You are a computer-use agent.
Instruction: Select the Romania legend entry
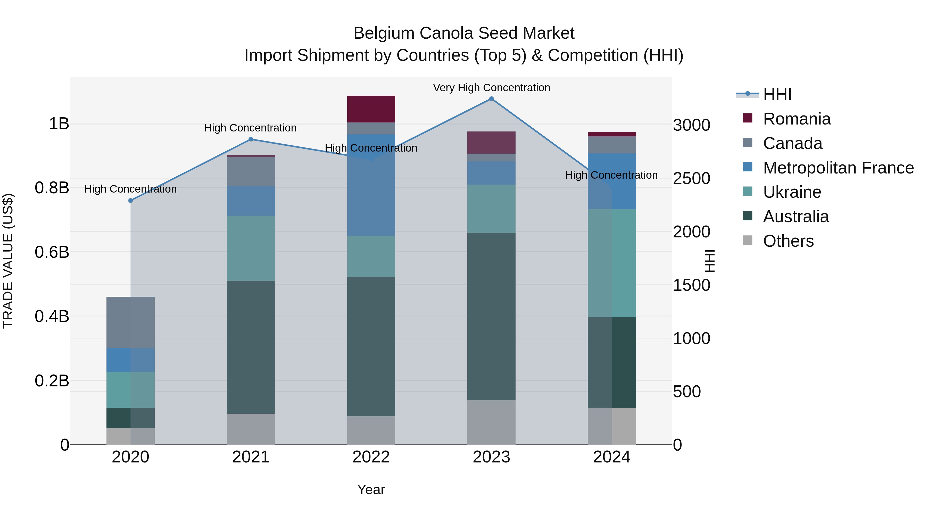pos(797,119)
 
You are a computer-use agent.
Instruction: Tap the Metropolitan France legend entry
pos(838,168)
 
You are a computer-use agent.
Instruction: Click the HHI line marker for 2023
pos(491,99)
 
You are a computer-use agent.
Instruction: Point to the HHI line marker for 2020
pos(130,201)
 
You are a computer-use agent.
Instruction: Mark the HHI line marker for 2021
pos(251,139)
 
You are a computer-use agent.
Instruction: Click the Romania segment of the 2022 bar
pos(371,109)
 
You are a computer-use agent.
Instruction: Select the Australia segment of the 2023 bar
pos(491,316)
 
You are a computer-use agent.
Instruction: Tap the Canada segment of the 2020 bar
pos(130,322)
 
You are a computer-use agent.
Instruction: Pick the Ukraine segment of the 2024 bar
pos(612,263)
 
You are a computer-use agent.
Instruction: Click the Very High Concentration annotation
pos(491,88)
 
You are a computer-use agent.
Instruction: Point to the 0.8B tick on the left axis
pos(52,188)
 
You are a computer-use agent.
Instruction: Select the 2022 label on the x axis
pos(371,457)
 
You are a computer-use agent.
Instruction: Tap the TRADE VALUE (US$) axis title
pos(8,261)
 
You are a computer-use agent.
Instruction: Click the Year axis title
pos(371,490)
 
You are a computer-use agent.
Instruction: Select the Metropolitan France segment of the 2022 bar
pos(371,185)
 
